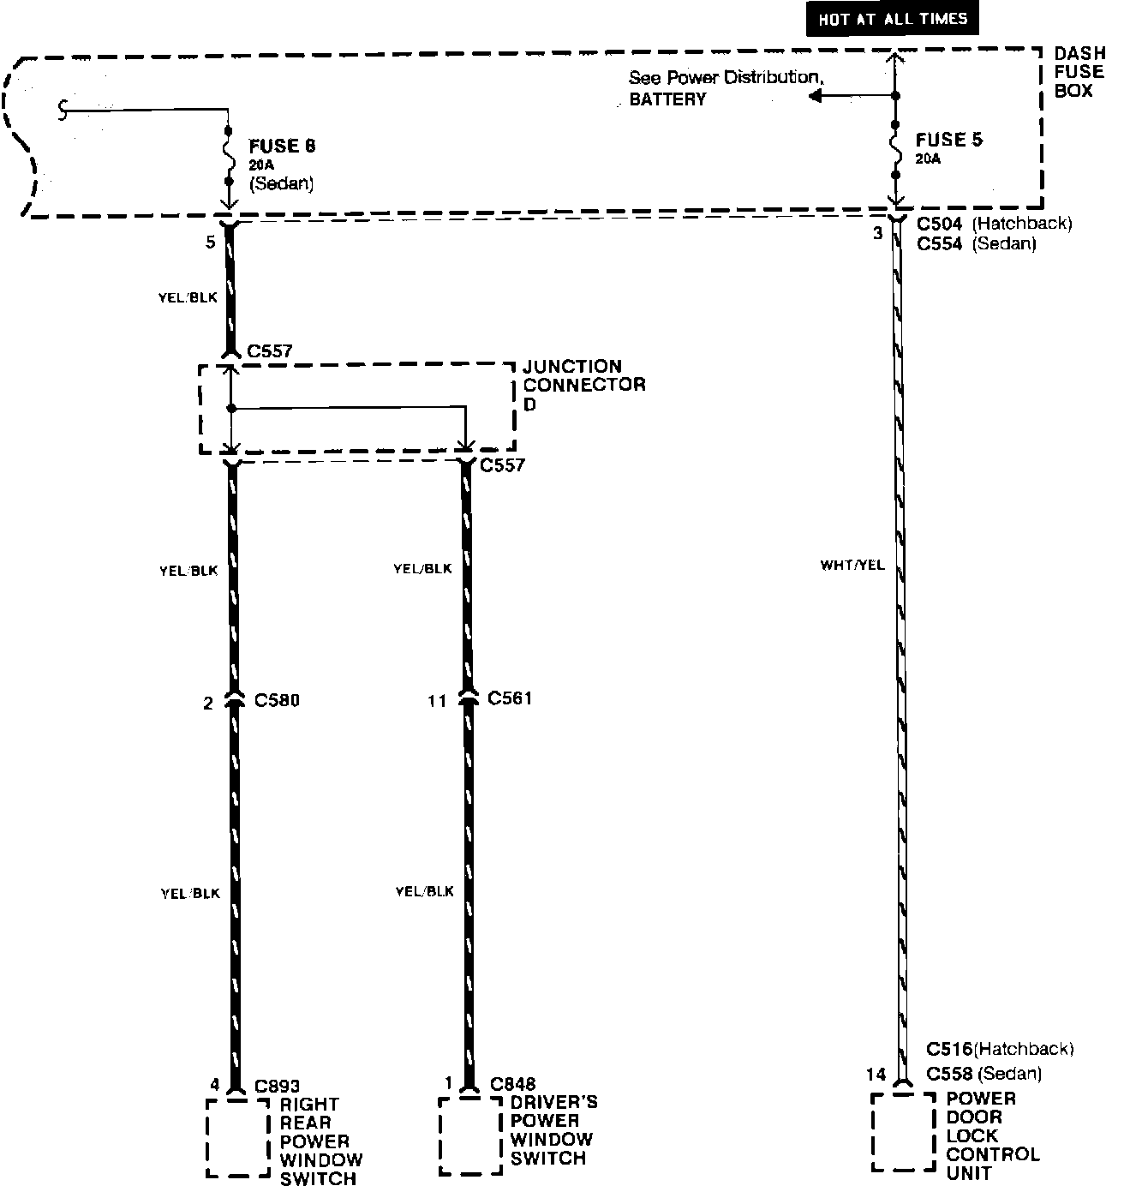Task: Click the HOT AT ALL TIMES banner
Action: (892, 19)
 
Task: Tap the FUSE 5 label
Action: (949, 141)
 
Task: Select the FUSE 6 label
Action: (282, 146)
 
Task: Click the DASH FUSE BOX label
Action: (1079, 72)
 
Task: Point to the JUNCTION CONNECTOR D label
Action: (583, 385)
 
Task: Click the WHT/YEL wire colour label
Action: (852, 566)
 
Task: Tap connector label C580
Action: (277, 701)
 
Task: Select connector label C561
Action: (510, 698)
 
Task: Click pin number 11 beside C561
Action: (437, 701)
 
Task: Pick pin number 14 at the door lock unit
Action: (875, 1074)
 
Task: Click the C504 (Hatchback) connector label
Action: (994, 224)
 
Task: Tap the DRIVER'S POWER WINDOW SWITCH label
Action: (553, 1130)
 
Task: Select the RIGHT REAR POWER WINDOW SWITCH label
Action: (320, 1141)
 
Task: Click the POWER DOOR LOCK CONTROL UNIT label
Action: (992, 1135)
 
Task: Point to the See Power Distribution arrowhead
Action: (814, 96)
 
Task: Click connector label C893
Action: (278, 1087)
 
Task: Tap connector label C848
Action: (512, 1085)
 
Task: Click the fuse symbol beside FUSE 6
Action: (229, 156)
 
